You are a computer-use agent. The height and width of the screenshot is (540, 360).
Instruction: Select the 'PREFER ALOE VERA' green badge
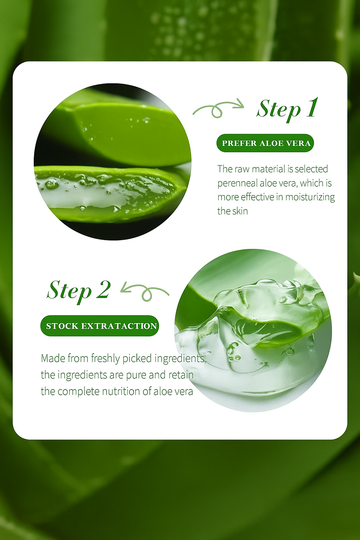pos(265,143)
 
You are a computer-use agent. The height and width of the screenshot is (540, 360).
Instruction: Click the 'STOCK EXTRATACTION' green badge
pos(99,326)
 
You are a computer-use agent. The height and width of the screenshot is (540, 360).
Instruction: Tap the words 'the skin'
pos(233,211)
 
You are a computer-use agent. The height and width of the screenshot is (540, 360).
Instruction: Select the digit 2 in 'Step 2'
pos(104,289)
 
